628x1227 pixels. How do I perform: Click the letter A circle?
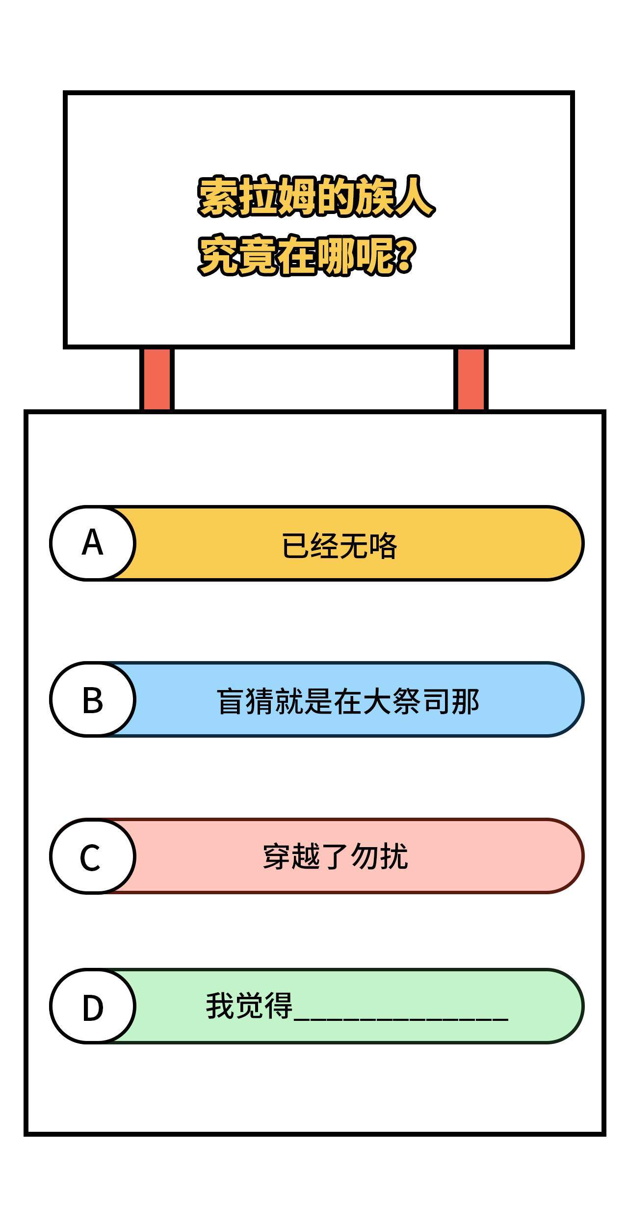(x=93, y=543)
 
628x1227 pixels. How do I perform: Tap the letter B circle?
(x=93, y=699)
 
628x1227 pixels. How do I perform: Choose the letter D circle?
(x=93, y=1006)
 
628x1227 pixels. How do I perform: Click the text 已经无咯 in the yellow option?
(x=340, y=545)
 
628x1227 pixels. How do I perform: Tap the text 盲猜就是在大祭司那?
(x=348, y=701)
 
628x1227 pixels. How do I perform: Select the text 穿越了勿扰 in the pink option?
(x=336, y=857)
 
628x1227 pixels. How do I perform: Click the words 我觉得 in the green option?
(x=249, y=1006)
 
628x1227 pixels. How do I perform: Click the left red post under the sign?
(x=157, y=379)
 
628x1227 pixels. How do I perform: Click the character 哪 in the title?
(x=337, y=255)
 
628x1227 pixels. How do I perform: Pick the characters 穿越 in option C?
(x=292, y=857)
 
